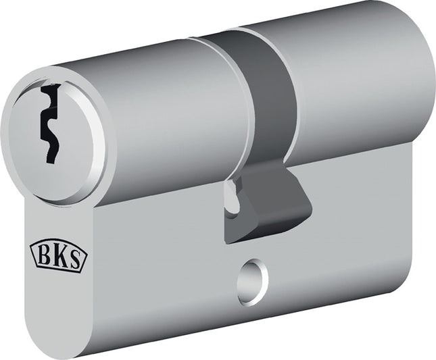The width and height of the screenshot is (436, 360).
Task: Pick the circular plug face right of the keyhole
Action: pyautogui.click(x=78, y=135)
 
